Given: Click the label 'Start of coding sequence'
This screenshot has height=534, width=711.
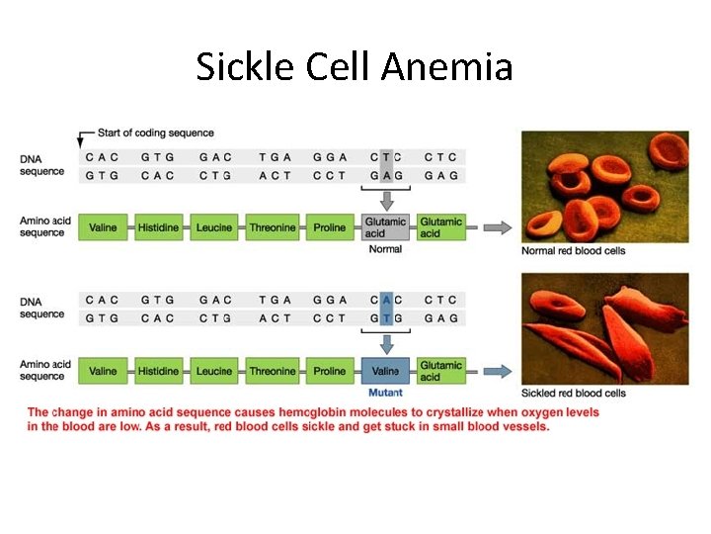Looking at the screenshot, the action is pyautogui.click(x=156, y=133).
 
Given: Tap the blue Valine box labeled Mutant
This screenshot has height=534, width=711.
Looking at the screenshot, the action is pyautogui.click(x=385, y=371).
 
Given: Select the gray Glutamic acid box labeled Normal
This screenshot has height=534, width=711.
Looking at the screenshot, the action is pyautogui.click(x=385, y=227).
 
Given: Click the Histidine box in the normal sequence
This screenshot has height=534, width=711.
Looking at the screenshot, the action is pyautogui.click(x=158, y=227).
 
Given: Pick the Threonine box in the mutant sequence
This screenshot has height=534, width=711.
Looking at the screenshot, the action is pyautogui.click(x=273, y=371).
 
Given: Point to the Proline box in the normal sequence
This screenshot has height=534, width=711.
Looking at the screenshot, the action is pyautogui.click(x=330, y=227).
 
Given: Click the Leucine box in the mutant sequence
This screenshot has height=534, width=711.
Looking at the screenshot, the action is pyautogui.click(x=214, y=371).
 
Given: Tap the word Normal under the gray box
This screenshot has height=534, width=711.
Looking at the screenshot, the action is pyautogui.click(x=385, y=249).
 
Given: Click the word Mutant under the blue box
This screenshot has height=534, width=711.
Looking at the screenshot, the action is pyautogui.click(x=385, y=393).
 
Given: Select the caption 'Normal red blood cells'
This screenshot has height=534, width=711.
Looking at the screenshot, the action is pyautogui.click(x=573, y=251).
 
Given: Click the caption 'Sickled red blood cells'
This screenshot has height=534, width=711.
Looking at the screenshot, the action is pyautogui.click(x=574, y=394).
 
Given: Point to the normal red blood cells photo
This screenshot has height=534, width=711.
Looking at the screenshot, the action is pyautogui.click(x=604, y=188).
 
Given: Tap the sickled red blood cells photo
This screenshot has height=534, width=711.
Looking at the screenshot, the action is pyautogui.click(x=604, y=328).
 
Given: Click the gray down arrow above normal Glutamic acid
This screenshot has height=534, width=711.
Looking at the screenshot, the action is pyautogui.click(x=386, y=201).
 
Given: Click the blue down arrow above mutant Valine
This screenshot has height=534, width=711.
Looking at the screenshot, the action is pyautogui.click(x=386, y=343).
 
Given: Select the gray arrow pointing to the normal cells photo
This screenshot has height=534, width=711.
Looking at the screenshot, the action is pyautogui.click(x=499, y=227).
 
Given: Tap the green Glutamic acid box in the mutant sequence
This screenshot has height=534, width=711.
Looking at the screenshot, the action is pyautogui.click(x=440, y=371).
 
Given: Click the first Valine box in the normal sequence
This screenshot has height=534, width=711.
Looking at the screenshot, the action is pyautogui.click(x=103, y=227).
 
